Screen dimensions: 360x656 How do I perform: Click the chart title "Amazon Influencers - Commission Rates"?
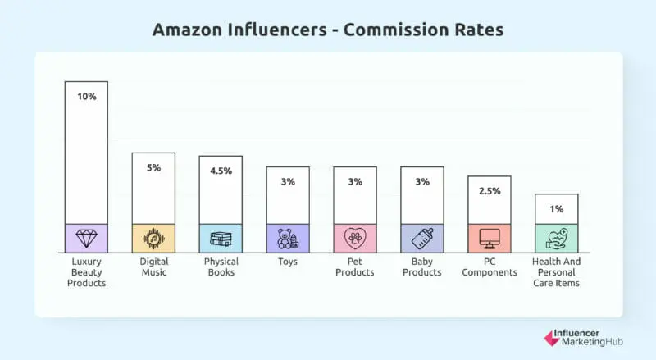coord(328,30)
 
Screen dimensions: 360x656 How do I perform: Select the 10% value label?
coord(86,97)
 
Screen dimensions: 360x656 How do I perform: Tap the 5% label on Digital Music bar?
coord(153,167)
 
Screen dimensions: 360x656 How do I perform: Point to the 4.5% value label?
coord(221,171)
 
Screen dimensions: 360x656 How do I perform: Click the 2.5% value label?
coord(490,191)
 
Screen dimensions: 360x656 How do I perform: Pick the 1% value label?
coord(557,209)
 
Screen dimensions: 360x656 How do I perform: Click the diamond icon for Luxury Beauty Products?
coord(86,238)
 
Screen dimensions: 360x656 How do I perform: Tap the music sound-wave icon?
coord(153,238)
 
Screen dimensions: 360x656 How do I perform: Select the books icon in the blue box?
coord(221,239)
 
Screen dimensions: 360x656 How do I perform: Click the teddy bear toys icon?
coord(288,238)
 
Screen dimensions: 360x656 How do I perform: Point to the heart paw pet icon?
coord(355,238)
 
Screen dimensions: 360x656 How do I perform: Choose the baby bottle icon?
coord(422,238)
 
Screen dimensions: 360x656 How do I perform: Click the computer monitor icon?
coord(490,238)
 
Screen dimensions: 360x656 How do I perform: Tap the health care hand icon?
coord(557,238)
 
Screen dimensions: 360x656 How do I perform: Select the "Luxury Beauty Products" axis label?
coord(86,272)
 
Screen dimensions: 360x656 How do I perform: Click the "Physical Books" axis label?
coord(221,267)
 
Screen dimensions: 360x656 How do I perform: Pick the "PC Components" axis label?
coord(490,267)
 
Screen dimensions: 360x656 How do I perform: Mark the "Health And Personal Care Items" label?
coord(557,272)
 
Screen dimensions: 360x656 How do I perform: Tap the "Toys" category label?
coord(288,262)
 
